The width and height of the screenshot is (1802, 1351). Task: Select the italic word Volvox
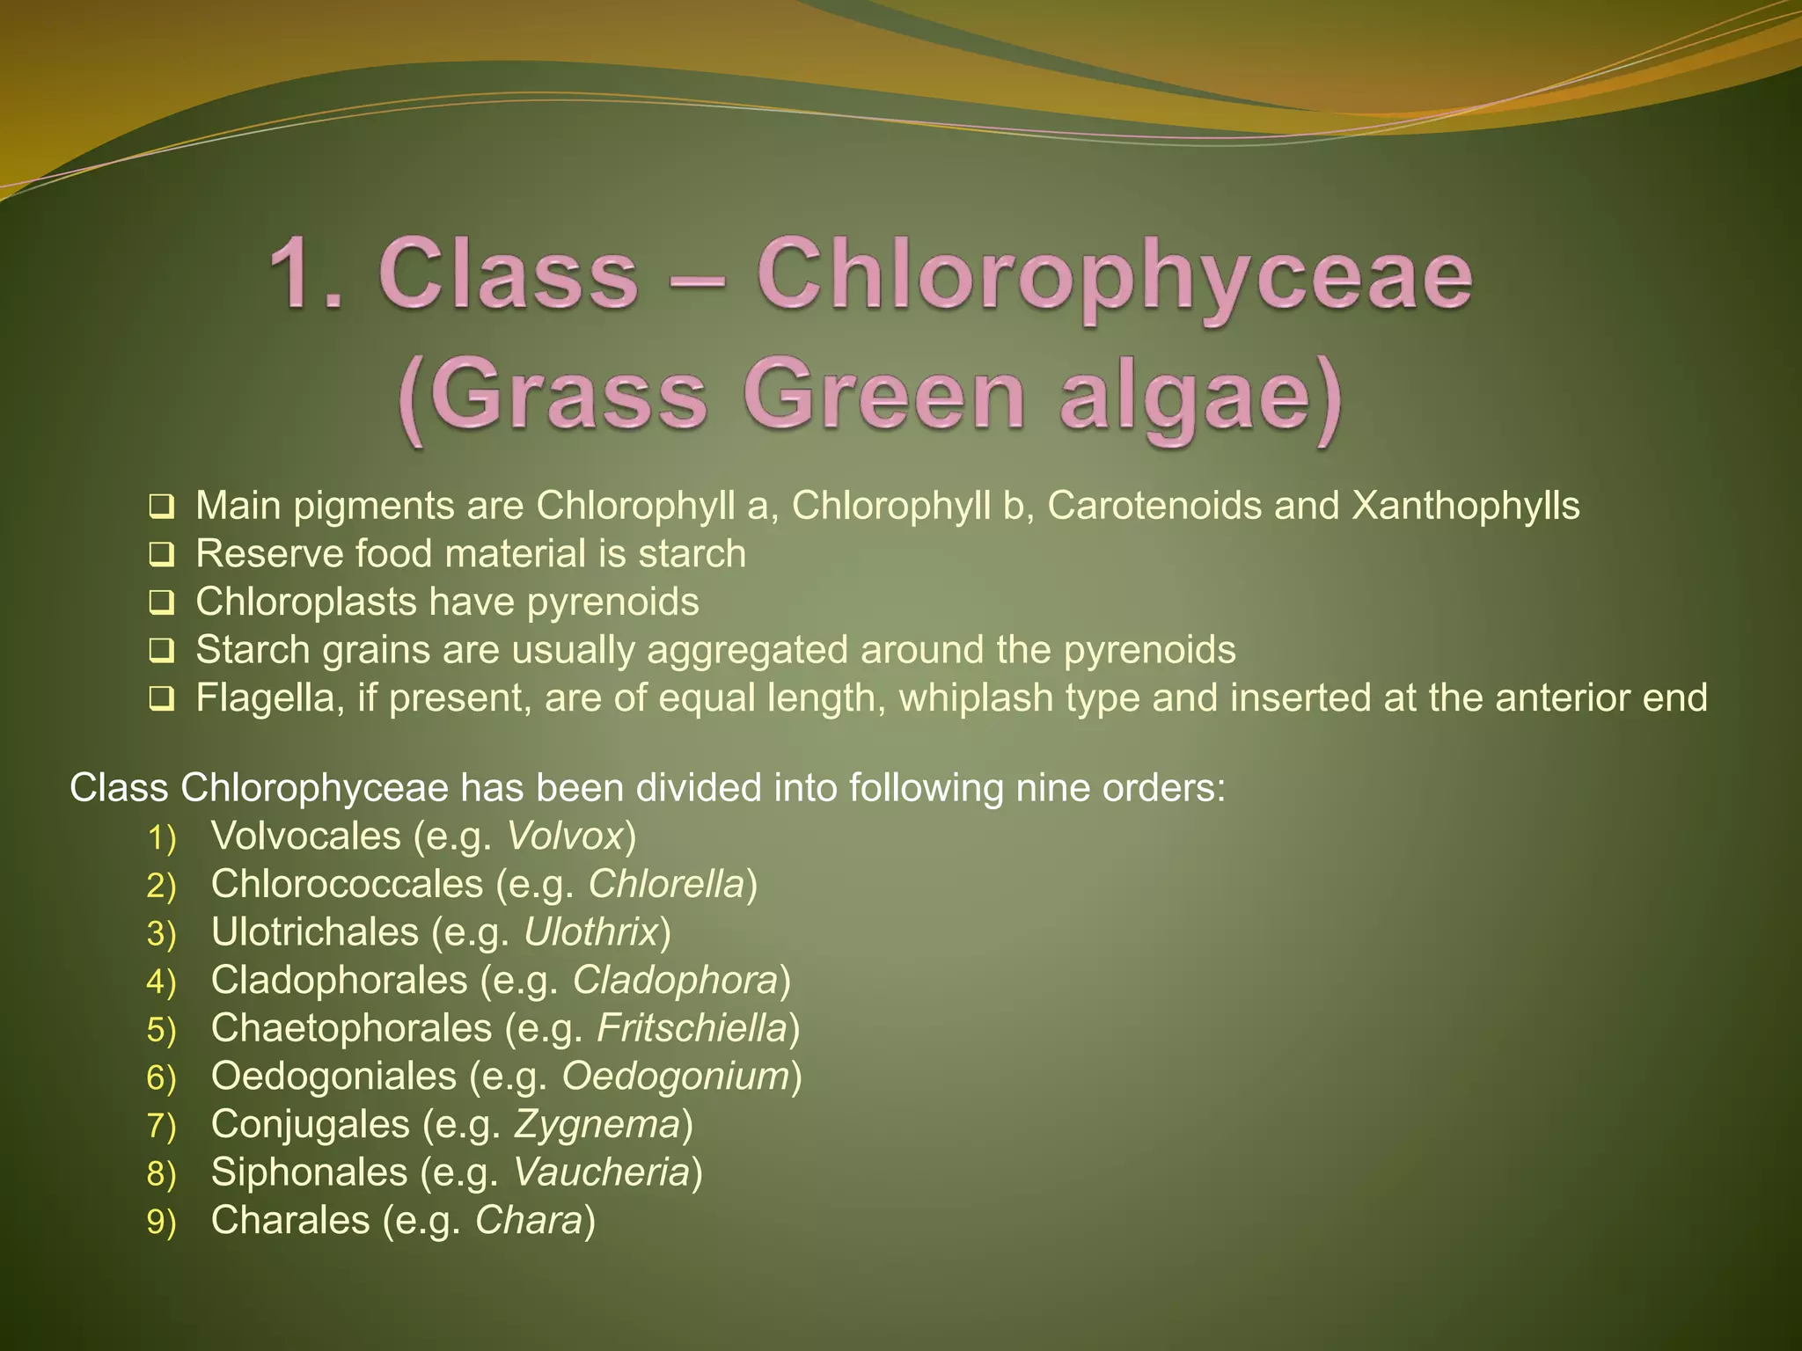[565, 836]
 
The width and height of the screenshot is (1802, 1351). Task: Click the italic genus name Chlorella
[666, 884]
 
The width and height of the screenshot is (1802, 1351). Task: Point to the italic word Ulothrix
[590, 932]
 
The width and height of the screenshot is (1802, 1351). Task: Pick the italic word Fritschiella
[692, 1028]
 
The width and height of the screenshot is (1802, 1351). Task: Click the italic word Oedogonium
[675, 1077]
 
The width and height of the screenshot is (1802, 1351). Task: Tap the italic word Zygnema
[597, 1124]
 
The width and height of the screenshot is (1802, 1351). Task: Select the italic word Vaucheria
[601, 1172]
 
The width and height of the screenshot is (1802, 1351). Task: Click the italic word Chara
[529, 1221]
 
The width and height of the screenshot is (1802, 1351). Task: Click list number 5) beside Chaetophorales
[162, 1030]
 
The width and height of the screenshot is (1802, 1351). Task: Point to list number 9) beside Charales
[162, 1223]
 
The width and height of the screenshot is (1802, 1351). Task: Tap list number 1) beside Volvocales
[162, 838]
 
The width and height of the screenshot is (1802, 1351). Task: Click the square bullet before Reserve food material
[161, 555]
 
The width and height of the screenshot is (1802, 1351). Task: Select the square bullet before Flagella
[161, 699]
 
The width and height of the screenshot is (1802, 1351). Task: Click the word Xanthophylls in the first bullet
[1465, 507]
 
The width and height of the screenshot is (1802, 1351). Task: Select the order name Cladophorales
[339, 981]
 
